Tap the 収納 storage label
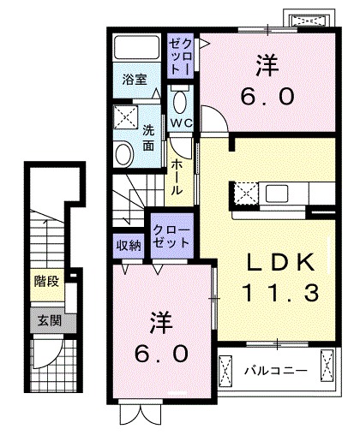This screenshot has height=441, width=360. click(x=129, y=244)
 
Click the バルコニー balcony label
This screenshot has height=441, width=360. click(x=273, y=371)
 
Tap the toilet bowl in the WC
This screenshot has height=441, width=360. click(x=180, y=102)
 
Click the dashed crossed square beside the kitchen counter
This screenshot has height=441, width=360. click(x=246, y=194)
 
